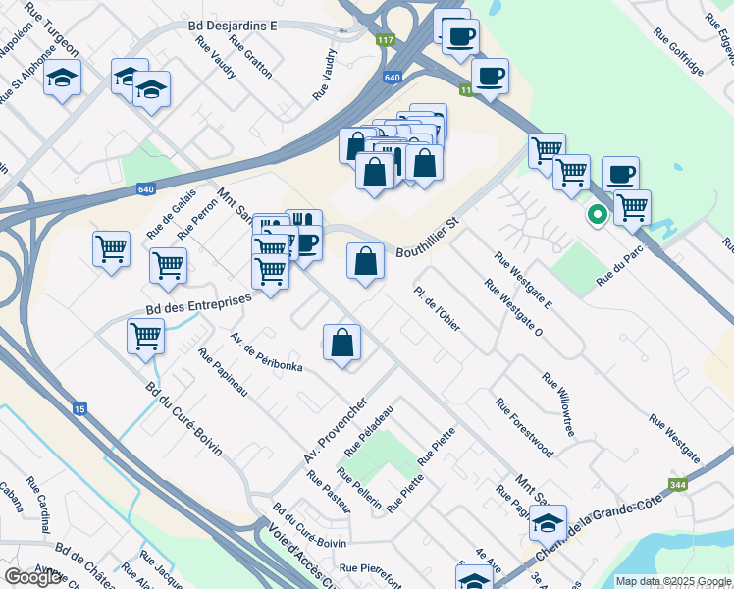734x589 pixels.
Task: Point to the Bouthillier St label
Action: click(428, 239)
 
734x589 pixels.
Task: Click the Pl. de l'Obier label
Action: click(438, 308)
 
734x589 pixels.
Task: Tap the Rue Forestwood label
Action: click(524, 428)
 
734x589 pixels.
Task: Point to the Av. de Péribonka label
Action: click(266, 352)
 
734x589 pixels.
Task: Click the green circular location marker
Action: click(596, 214)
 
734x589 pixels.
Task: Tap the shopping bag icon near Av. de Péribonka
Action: click(342, 343)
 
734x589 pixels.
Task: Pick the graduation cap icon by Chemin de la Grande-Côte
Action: click(548, 522)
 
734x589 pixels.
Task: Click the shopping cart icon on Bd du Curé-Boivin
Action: click(145, 336)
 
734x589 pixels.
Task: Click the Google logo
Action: click(33, 577)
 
